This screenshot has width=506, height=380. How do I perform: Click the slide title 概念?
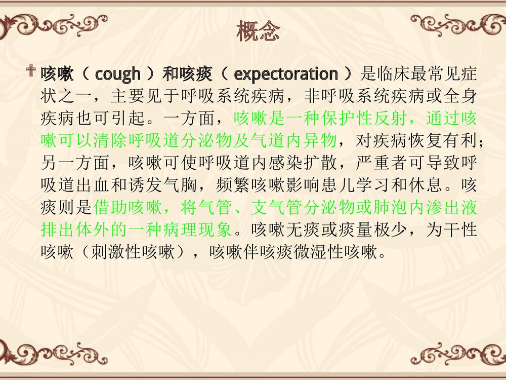coord(257,32)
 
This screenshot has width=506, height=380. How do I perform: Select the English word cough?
coord(117,74)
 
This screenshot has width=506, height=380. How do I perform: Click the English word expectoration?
coord(286,74)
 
